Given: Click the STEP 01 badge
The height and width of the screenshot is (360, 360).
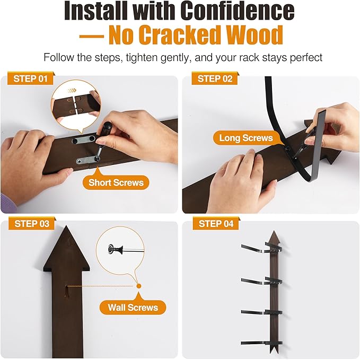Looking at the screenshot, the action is click(31, 78).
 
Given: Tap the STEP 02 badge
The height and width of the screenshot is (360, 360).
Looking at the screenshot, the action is click(215, 78).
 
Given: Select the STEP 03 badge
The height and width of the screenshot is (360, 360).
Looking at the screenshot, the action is click(32, 223).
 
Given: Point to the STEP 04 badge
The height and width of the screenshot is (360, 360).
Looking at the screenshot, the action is click(216, 223).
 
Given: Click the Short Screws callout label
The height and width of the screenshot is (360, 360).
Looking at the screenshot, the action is click(116, 182).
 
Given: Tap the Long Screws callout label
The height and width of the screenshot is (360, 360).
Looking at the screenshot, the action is click(246, 138).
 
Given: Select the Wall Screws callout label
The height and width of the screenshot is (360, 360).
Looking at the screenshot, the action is click(133, 307).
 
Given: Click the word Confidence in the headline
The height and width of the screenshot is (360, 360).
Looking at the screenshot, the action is click(237, 11).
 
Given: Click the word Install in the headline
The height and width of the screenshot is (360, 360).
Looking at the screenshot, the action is click(96, 11).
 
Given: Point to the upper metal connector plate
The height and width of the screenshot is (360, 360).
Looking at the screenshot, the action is click(84, 139).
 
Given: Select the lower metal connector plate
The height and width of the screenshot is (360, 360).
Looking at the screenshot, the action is click(87, 160).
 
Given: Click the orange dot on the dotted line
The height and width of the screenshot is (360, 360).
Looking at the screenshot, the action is click(139, 286).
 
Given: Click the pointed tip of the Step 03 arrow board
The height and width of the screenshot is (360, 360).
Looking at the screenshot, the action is click(66, 226).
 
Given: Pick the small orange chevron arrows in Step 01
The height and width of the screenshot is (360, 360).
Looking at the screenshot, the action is click(72, 91).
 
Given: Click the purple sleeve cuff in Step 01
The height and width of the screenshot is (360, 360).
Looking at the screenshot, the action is click(8, 203).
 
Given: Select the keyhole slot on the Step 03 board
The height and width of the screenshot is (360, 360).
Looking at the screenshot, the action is click(67, 291).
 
